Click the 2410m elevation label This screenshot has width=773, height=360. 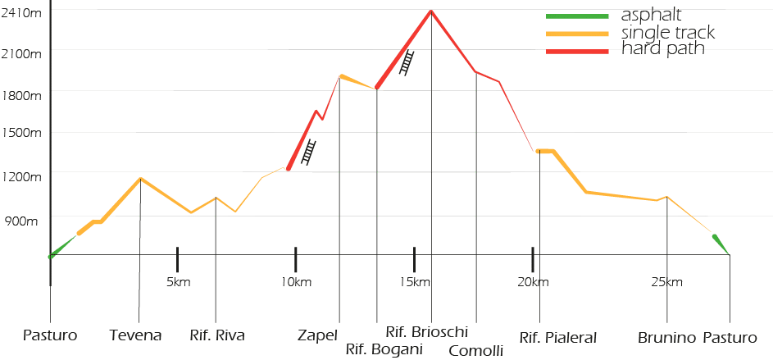coord(20,14)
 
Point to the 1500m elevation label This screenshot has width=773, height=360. coord(20,133)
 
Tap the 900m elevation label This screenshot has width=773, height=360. coord(22,221)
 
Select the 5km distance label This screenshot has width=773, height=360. coord(178,283)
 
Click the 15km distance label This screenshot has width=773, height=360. coord(415,283)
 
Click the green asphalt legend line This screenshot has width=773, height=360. coord(577,16)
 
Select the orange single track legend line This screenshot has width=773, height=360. coord(577,34)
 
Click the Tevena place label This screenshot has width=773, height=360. coord(136,335)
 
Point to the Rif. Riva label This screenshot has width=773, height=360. coord(216,335)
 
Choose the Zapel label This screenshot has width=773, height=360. coord(318,335)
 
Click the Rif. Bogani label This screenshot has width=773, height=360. coord(384,350)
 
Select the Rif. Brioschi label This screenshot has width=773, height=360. coord(426,332)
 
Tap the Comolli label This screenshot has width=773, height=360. coord(476,351)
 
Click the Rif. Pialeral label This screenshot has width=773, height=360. coord(557,336)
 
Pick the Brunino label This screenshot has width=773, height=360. coord(667,336)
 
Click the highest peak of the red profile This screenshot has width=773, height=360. coord(430,10)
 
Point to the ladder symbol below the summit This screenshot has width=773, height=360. coord(407,63)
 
